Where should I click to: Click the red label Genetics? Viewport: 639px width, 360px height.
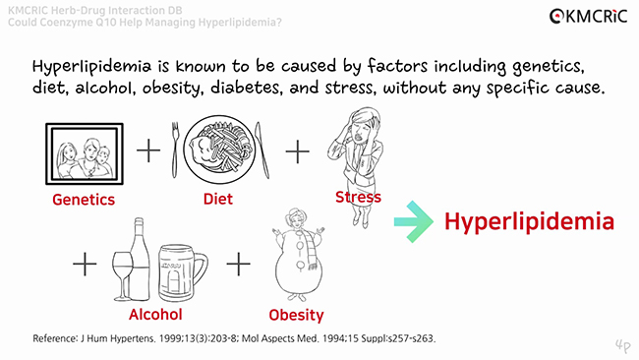pyautogui.click(x=83, y=200)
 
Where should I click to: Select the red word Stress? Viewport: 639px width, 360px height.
pyautogui.click(x=358, y=198)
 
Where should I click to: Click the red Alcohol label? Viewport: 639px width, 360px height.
pyautogui.click(x=155, y=315)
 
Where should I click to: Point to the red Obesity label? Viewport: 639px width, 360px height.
pyautogui.click(x=296, y=315)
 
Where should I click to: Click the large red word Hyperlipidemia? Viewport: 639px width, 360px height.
pyautogui.click(x=529, y=221)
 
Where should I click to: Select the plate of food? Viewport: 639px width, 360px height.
pyautogui.click(x=219, y=148)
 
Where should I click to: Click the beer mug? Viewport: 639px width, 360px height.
pyautogui.click(x=184, y=272)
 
